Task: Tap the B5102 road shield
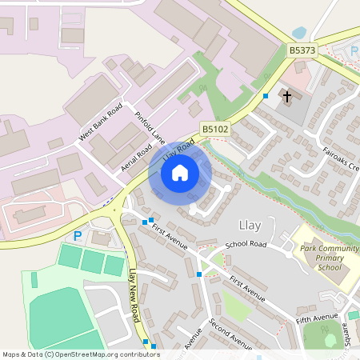tap(214, 128)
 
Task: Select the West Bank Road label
tap(100, 122)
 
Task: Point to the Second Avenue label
tap(230, 334)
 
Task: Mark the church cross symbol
tap(286, 98)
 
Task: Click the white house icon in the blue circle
tap(180, 172)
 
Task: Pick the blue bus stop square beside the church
tap(266, 96)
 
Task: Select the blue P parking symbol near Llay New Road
tap(78, 236)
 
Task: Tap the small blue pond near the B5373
tap(299, 33)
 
